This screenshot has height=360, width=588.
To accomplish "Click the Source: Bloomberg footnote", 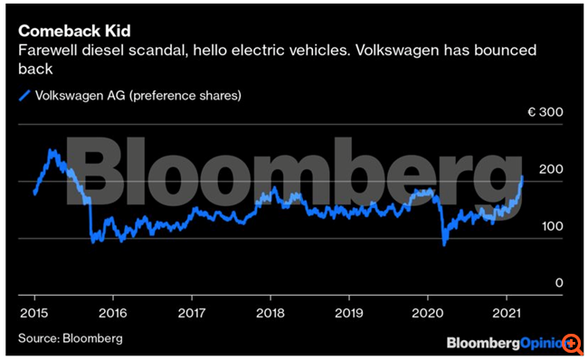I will (x=70, y=338).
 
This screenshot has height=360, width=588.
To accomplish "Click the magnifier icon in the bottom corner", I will (x=573, y=344).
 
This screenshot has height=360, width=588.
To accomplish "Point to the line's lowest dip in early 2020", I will (x=444, y=243).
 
